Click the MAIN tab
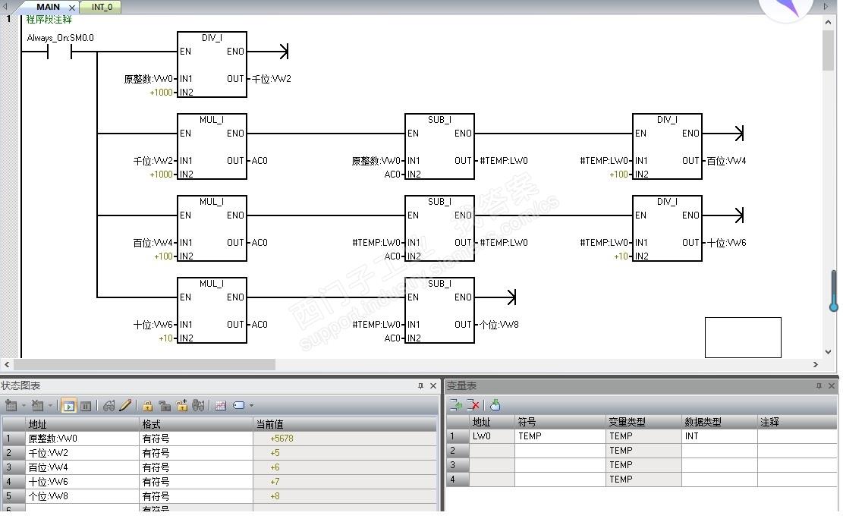[48, 7]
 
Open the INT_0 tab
[102, 7]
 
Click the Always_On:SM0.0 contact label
[60, 38]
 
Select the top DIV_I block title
[212, 38]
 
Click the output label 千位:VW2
[272, 79]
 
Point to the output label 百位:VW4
[726, 161]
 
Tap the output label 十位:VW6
[726, 243]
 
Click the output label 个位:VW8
[499, 325]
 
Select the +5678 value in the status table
[282, 439]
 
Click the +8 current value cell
[275, 496]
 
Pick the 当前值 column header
[270, 424]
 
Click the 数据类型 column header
[703, 422]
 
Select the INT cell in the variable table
[691, 436]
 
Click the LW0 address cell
[482, 436]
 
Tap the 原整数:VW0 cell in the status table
[52, 439]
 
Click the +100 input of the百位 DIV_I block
[619, 175]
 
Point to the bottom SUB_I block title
[440, 283]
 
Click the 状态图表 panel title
[20, 385]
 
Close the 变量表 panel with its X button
[831, 386]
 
